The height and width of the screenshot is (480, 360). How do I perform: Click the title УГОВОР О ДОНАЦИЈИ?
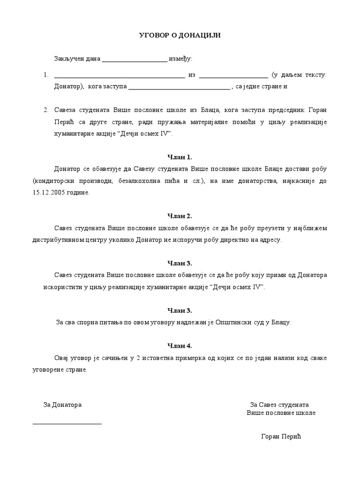pyautogui.click(x=180, y=36)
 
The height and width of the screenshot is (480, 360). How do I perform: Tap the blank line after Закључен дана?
pyautogui.click(x=134, y=60)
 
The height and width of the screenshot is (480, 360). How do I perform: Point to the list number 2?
pyautogui.click(x=46, y=110)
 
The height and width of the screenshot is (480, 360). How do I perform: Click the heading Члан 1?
pyautogui.click(x=180, y=157)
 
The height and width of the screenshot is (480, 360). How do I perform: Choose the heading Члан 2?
pyautogui.click(x=180, y=216)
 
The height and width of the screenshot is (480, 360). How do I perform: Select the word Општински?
pyautogui.click(x=222, y=322)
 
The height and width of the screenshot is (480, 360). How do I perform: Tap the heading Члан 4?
pyautogui.click(x=180, y=346)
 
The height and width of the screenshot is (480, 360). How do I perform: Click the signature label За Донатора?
pyautogui.click(x=62, y=405)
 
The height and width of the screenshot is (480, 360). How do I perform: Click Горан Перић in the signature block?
pyautogui.click(x=280, y=437)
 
